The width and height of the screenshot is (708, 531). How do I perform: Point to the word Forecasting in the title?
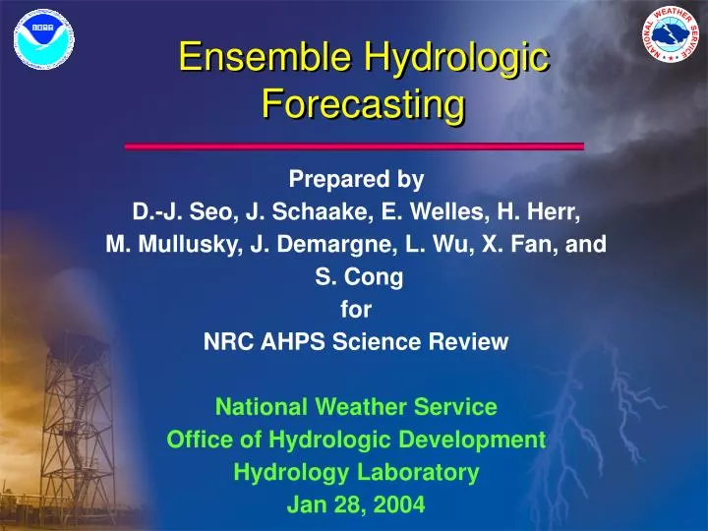pyautogui.click(x=362, y=102)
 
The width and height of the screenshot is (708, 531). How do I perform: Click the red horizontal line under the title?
pyautogui.click(x=354, y=147)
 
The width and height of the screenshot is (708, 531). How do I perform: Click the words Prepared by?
pyautogui.click(x=356, y=180)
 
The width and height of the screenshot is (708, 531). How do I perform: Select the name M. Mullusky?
pyautogui.click(x=173, y=246)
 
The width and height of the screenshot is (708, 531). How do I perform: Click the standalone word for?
pyautogui.click(x=356, y=311)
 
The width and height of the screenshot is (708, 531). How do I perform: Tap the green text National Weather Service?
pyautogui.click(x=356, y=406)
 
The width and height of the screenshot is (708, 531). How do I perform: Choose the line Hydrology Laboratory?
pyautogui.click(x=356, y=473)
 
